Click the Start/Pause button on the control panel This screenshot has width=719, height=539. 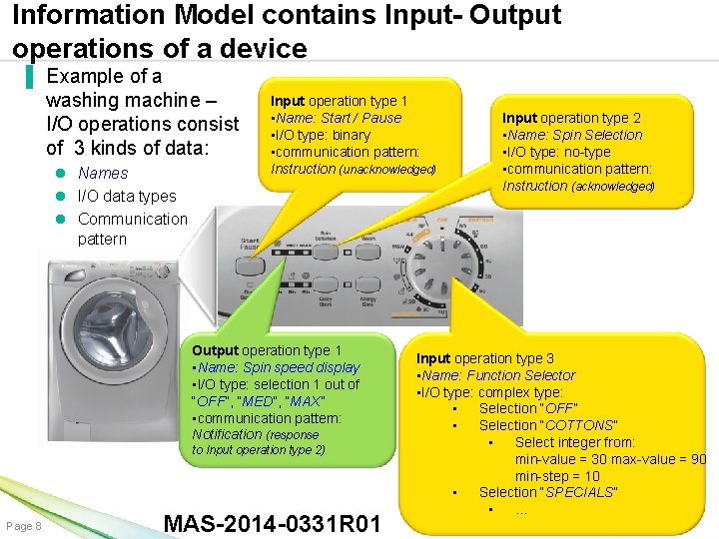click(x=244, y=267)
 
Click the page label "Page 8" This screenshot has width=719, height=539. click(x=24, y=526)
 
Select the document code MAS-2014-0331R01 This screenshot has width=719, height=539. click(x=272, y=524)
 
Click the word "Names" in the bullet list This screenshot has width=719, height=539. click(x=103, y=173)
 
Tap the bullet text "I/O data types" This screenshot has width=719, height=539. click(x=126, y=196)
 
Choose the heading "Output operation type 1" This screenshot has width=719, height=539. click(x=266, y=350)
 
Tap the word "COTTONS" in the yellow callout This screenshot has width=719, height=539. click(x=580, y=425)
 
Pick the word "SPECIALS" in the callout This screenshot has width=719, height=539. click(x=579, y=492)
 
